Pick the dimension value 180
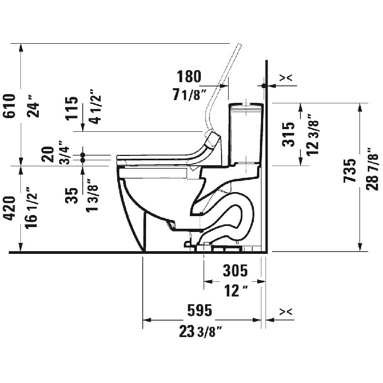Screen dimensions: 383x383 pos(188,76)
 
